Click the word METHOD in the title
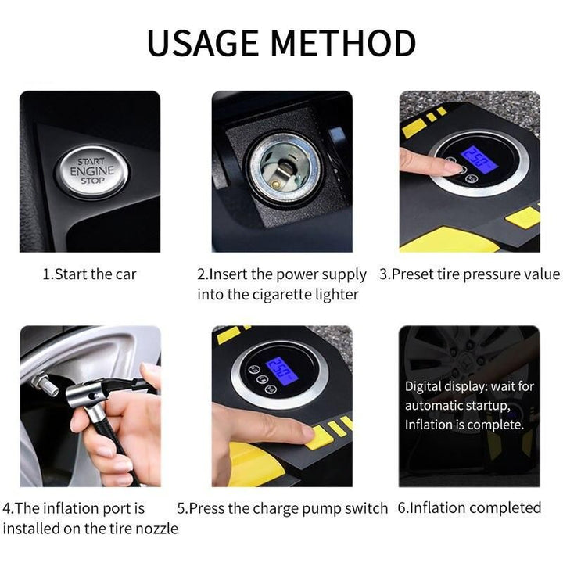[349, 42]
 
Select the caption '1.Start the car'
[89, 274]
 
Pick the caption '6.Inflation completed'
[469, 508]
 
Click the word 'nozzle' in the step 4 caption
[156, 529]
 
